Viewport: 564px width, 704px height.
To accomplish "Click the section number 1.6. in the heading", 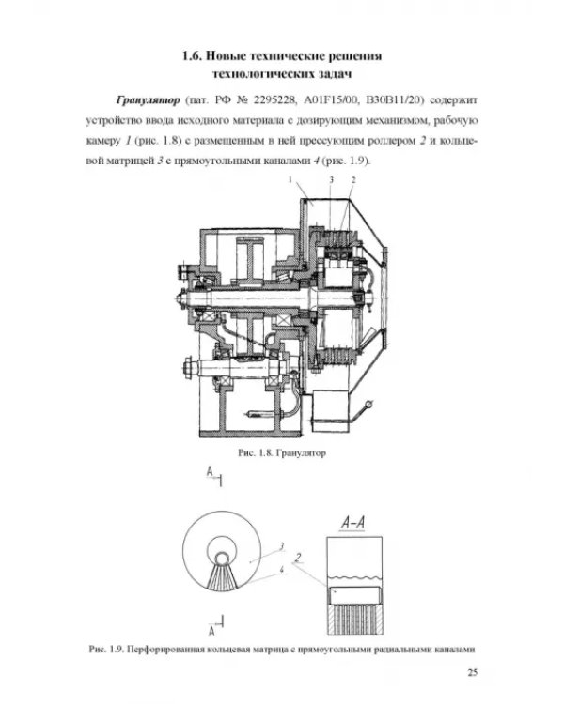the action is (x=192, y=56).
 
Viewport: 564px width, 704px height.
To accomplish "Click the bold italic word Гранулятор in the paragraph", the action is (x=148, y=100).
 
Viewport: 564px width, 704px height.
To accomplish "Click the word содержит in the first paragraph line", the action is (x=453, y=100).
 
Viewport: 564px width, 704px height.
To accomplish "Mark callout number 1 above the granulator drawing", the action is (x=290, y=179).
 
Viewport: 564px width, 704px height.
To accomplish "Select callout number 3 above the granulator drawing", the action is (x=332, y=179).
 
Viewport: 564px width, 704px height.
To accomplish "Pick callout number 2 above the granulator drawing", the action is (x=353, y=179).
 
